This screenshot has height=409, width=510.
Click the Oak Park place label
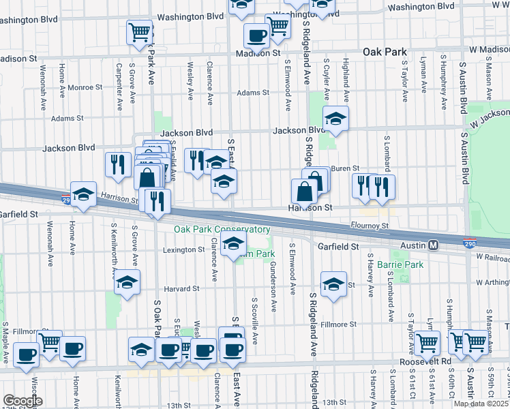pos(385,52)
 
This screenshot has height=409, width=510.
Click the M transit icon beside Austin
pos(432,245)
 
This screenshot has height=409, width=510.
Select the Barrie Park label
pos(403,264)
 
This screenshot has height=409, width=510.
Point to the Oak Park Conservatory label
pos(222,230)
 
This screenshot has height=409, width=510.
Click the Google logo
pos(22,401)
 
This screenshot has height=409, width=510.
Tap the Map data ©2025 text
pos(481,404)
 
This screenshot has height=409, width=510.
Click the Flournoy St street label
pos(371,226)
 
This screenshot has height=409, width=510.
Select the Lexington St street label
pos(183,249)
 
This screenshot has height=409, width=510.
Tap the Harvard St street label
pos(181,288)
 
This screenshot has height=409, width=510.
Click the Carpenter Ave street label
pos(119,87)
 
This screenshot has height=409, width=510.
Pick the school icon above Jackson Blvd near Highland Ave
pos(335,119)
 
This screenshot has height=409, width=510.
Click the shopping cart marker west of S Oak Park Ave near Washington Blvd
pos(139,31)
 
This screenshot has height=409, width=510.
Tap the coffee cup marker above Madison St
pos(256,35)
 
